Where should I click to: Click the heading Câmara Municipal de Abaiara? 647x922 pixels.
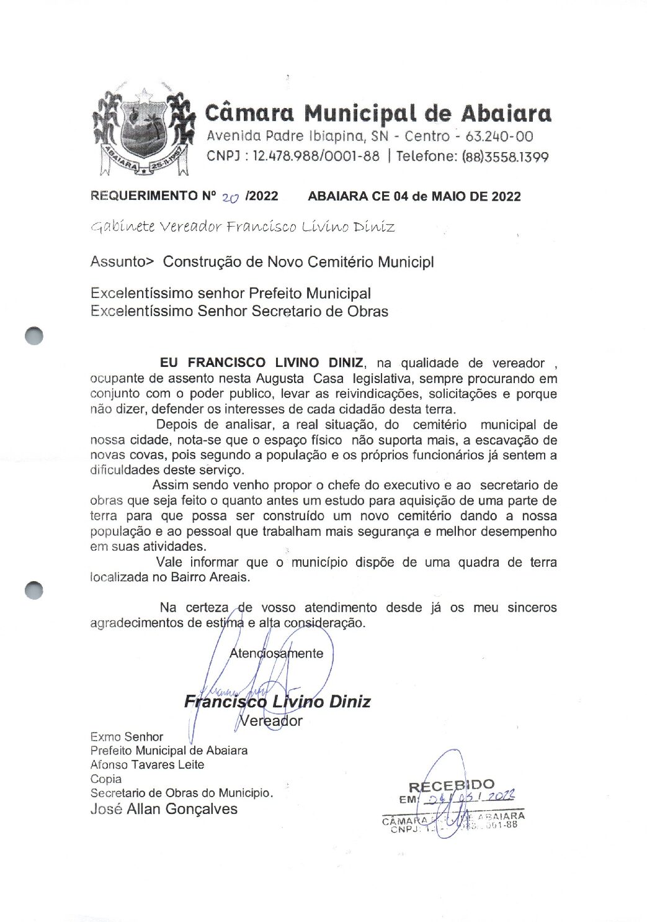point(378,113)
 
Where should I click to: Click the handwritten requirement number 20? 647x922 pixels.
point(230,197)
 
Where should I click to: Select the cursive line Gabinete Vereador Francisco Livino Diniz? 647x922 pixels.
point(242,227)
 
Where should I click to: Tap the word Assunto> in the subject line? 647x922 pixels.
point(122,262)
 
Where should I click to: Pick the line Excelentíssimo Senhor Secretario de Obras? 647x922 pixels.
point(239,311)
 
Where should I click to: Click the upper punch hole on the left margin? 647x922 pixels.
point(34,335)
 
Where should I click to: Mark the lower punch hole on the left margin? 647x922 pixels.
point(34,590)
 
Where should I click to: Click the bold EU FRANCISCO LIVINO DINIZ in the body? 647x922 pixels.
point(263,363)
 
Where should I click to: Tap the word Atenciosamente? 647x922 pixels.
point(277,653)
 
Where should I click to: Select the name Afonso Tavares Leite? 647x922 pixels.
point(147,764)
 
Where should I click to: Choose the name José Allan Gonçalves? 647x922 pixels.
point(164,808)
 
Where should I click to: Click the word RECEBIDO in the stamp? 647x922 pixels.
point(452,786)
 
